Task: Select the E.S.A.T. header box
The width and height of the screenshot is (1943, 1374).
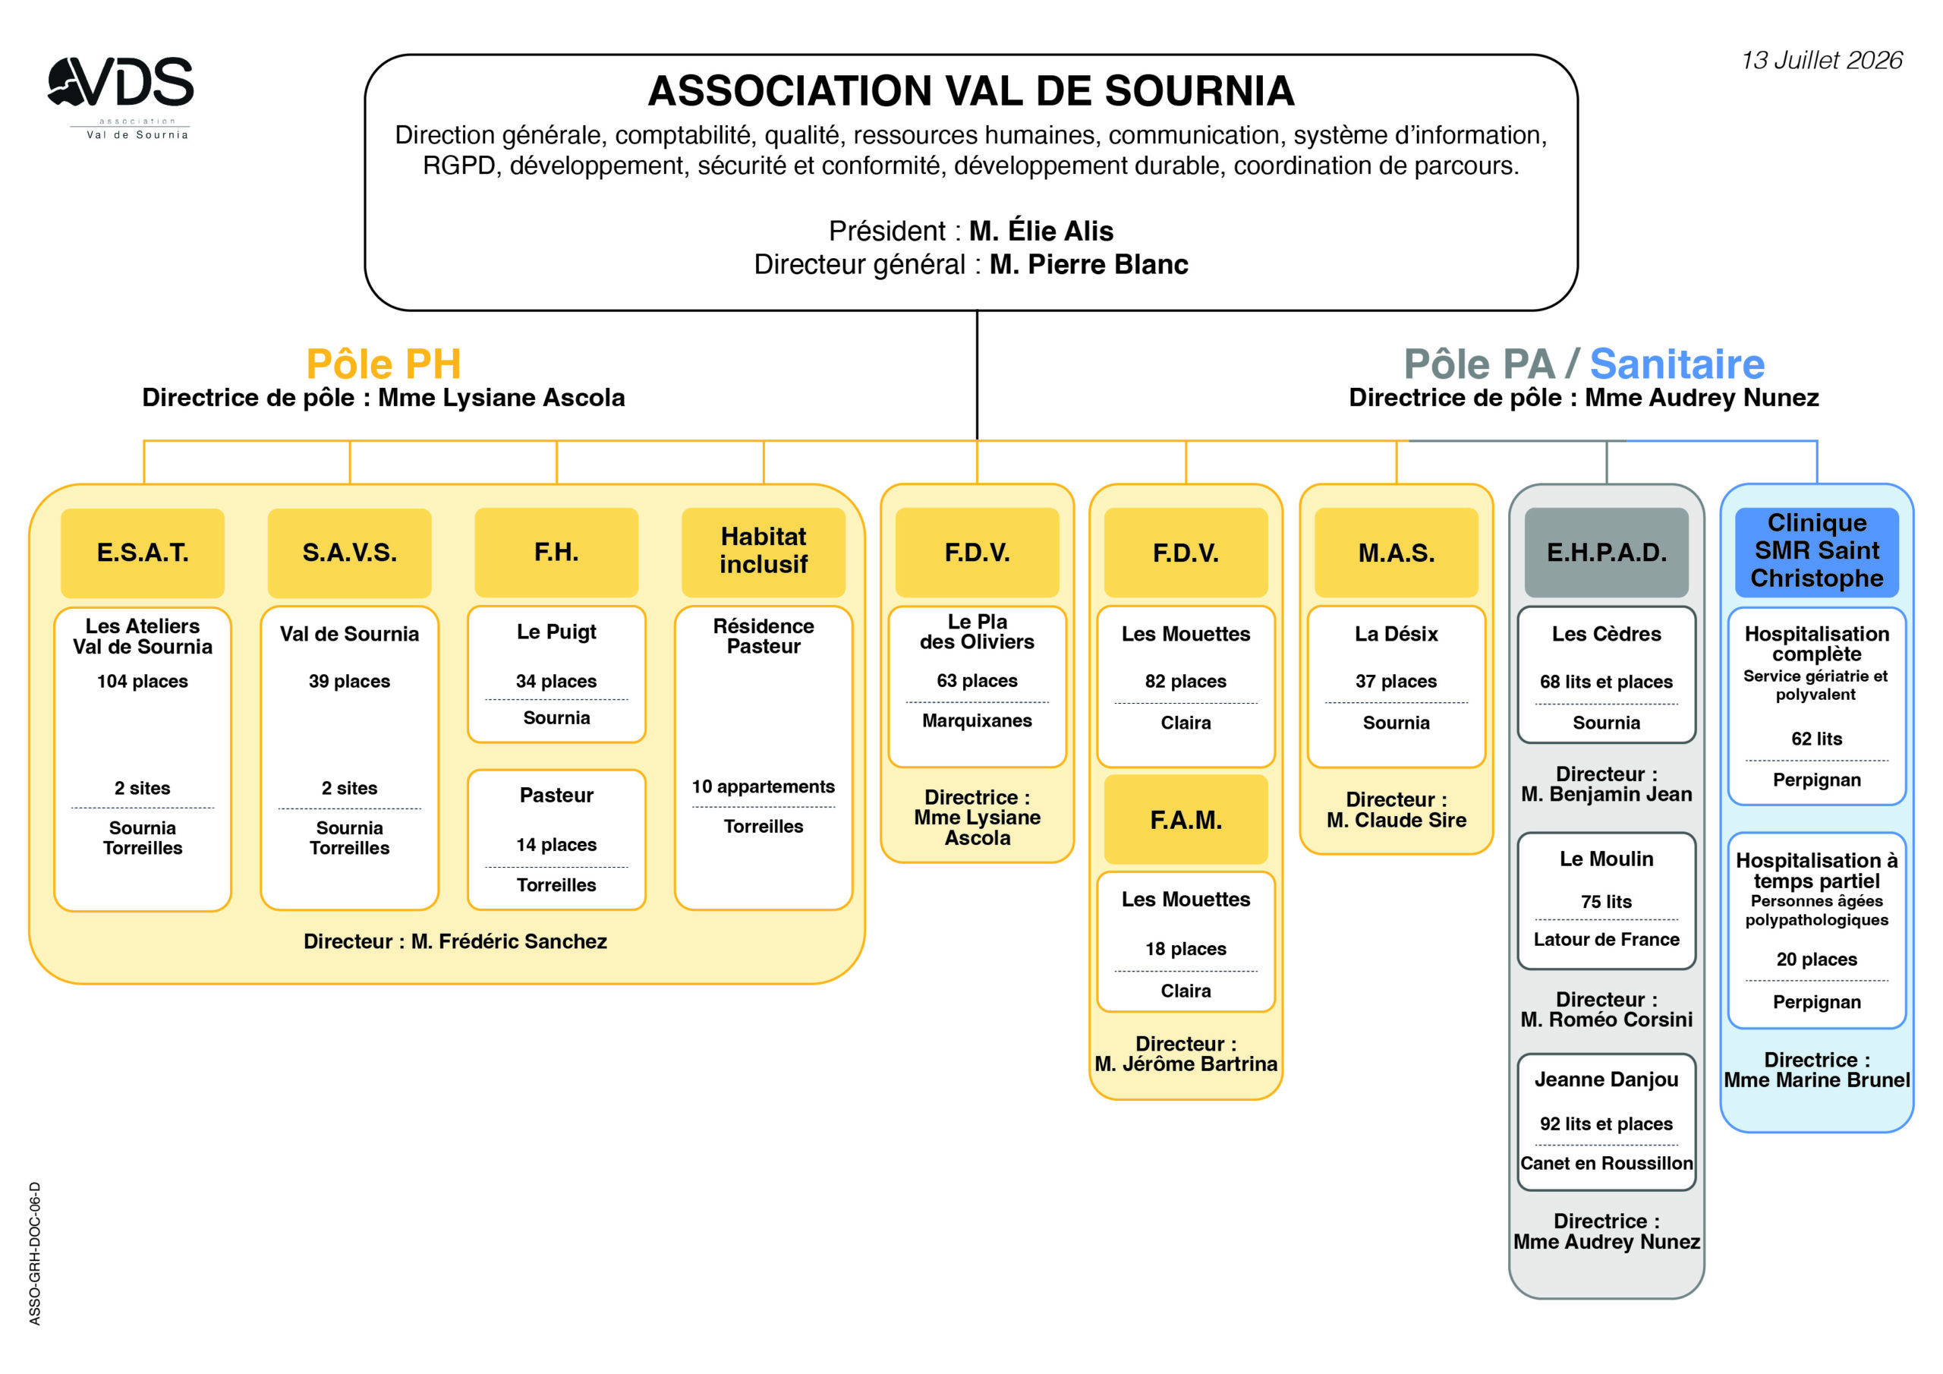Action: tap(142, 553)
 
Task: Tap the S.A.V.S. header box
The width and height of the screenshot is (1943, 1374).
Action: tap(349, 553)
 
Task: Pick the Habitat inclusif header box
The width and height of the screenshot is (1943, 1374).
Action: tap(764, 552)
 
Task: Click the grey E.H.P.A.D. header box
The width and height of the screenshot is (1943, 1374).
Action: tap(1606, 552)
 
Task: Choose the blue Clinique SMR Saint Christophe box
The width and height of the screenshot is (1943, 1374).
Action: tap(1817, 552)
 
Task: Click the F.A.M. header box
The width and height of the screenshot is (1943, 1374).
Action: tap(1186, 820)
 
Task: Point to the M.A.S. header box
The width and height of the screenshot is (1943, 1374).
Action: tap(1397, 552)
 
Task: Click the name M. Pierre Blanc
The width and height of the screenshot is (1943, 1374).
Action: tap(1089, 264)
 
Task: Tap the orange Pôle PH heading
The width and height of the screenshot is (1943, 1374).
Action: tap(383, 364)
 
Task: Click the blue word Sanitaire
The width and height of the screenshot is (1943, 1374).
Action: tap(1677, 364)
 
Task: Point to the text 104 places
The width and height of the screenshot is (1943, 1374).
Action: tap(142, 682)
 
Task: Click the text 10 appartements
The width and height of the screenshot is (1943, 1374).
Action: tap(764, 787)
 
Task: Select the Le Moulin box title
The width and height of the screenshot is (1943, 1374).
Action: tap(1606, 859)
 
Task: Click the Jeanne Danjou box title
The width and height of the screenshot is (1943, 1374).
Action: tap(1606, 1080)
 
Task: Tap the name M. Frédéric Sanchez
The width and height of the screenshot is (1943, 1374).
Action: tap(509, 941)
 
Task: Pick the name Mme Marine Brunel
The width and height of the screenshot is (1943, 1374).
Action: tap(1817, 1080)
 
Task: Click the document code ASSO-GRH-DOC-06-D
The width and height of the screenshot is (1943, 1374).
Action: tap(35, 1253)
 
